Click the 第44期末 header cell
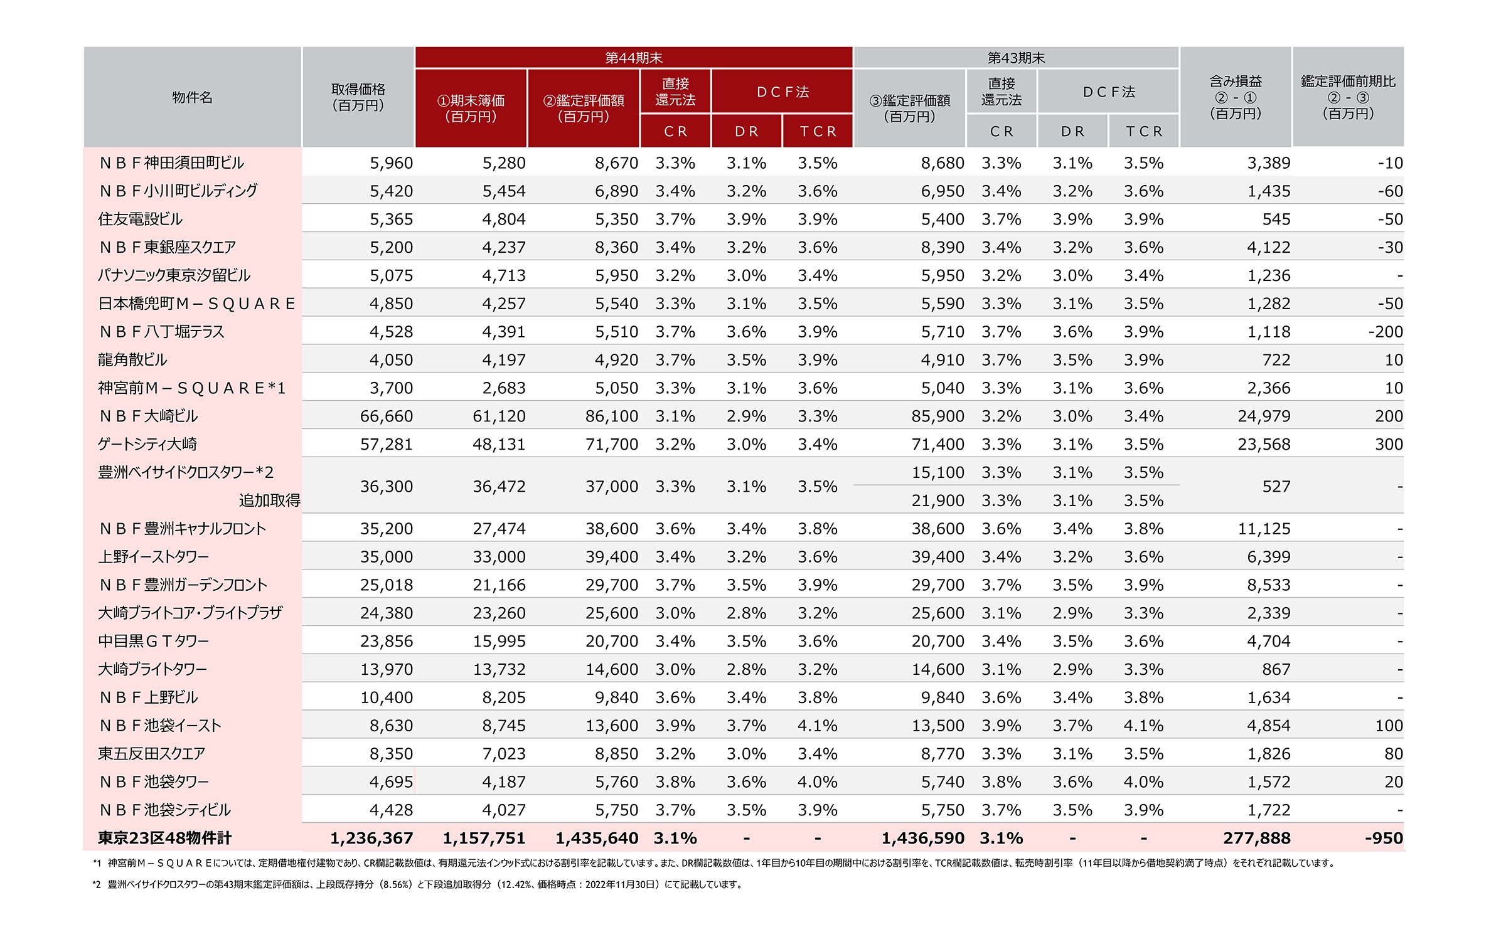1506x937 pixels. pyautogui.click(x=633, y=58)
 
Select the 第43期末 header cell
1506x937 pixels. pyautogui.click(x=1016, y=58)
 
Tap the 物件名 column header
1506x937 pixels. pyautogui.click(x=192, y=97)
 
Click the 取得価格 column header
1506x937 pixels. pyautogui.click(x=358, y=97)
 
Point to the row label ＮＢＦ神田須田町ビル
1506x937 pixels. pyautogui.click(x=171, y=163)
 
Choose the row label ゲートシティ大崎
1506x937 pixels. pyautogui.click(x=147, y=444)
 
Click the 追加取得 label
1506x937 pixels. pyautogui.click(x=269, y=500)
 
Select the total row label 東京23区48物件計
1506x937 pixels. pyautogui.click(x=164, y=838)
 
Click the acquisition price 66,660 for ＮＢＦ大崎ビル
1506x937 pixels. pyautogui.click(x=387, y=416)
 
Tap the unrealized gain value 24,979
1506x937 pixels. pyautogui.click(x=1264, y=416)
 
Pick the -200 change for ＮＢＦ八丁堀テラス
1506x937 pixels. pyautogui.click(x=1386, y=332)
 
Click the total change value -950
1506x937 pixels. pyautogui.click(x=1384, y=839)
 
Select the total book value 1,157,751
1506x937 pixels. pyautogui.click(x=484, y=839)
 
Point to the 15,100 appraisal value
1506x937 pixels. pyautogui.click(x=937, y=472)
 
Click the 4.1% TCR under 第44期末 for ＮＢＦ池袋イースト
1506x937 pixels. pyautogui.click(x=817, y=726)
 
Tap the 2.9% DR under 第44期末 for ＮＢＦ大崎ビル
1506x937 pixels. pyautogui.click(x=746, y=416)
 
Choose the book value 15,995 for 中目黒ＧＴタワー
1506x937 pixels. pyautogui.click(x=499, y=642)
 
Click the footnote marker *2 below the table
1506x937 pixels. pyautogui.click(x=97, y=884)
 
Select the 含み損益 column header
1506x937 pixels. pyautogui.click(x=1236, y=97)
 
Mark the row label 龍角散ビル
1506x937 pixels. pyautogui.click(x=132, y=360)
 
